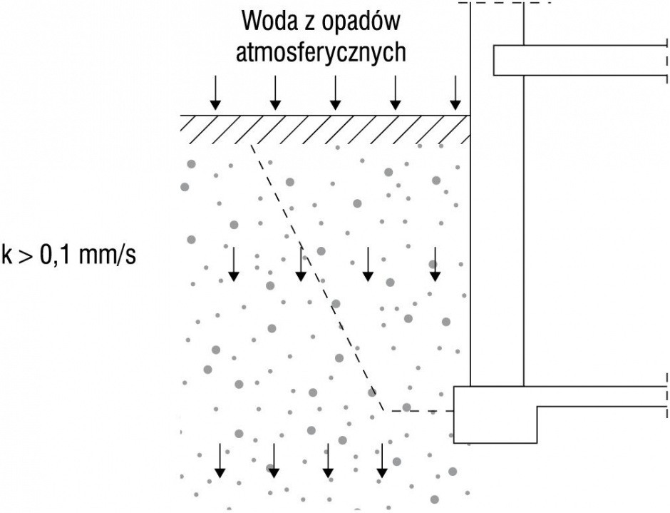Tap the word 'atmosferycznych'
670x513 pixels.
pyautogui.click(x=321, y=53)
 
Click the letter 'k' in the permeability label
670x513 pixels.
pyautogui.click(x=7, y=255)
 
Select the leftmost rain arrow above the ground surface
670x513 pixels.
pyautogui.click(x=215, y=93)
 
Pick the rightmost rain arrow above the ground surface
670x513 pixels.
pyautogui.click(x=455, y=93)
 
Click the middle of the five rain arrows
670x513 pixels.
pyautogui.click(x=336, y=93)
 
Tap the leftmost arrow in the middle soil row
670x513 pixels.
pyautogui.click(x=233, y=264)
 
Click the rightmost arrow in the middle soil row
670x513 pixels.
pyautogui.click(x=435, y=264)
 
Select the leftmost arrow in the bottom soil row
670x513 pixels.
pyautogui.click(x=220, y=460)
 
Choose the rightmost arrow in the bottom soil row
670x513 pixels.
pyautogui.click(x=382, y=460)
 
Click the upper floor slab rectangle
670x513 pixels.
pyautogui.click(x=580, y=61)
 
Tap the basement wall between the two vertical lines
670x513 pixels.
pyautogui.click(x=497, y=248)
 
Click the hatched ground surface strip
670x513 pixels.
pyautogui.click(x=325, y=129)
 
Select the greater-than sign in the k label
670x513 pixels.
pyautogui.click(x=26, y=257)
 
